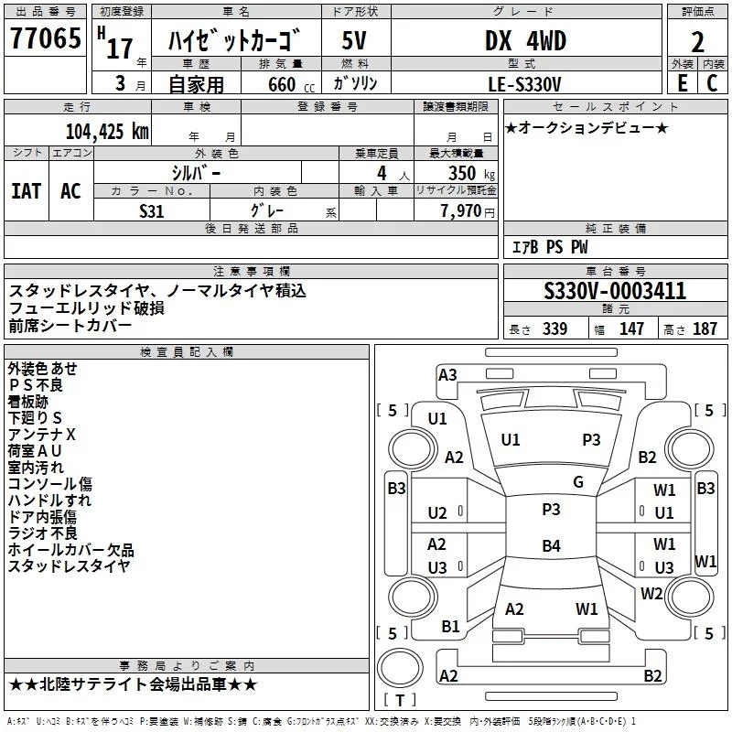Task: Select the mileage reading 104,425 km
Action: pyautogui.click(x=107, y=131)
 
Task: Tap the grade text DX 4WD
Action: pyautogui.click(x=524, y=40)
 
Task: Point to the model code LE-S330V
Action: pyautogui.click(x=525, y=83)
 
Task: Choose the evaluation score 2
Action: pyautogui.click(x=698, y=42)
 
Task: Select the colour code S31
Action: pyautogui.click(x=152, y=210)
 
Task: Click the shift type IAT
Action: pyautogui.click(x=27, y=190)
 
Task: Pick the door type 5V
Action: pyautogui.click(x=355, y=40)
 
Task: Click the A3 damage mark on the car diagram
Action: pyautogui.click(x=447, y=374)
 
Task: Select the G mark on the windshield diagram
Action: pyautogui.click(x=577, y=482)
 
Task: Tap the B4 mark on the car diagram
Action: pyautogui.click(x=550, y=546)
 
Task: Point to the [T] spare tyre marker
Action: pyautogui.click(x=401, y=701)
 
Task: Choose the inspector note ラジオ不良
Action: pyautogui.click(x=42, y=533)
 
